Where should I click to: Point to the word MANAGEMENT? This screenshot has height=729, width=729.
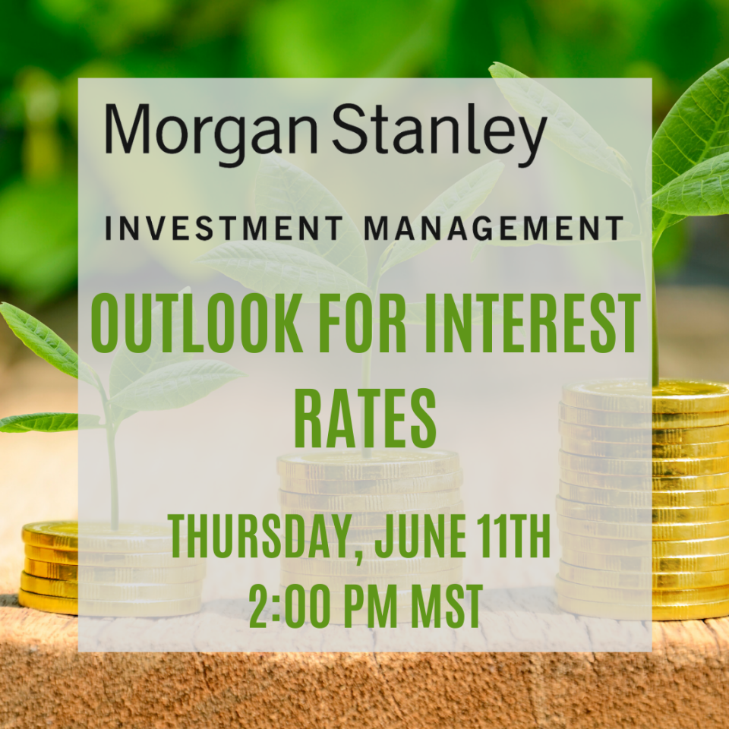[493, 229]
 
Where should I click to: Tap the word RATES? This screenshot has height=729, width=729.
[365, 418]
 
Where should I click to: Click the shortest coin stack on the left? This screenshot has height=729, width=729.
[112, 568]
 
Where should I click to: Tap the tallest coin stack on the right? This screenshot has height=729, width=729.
[644, 500]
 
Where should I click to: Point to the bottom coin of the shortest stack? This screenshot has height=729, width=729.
[112, 604]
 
